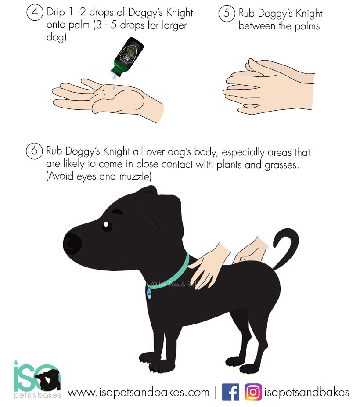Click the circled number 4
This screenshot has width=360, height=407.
point(35,12)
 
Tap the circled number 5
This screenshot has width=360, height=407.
point(227,13)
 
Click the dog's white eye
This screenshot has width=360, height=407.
point(106,224)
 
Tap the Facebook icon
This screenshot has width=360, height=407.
point(230,392)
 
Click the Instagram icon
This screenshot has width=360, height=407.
point(253,392)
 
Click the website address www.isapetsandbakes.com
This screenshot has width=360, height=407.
point(139,392)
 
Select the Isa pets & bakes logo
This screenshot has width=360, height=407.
point(37,380)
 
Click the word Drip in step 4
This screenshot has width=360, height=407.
point(56,13)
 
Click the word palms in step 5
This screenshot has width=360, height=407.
point(307,26)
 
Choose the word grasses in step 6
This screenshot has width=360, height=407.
point(281,165)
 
